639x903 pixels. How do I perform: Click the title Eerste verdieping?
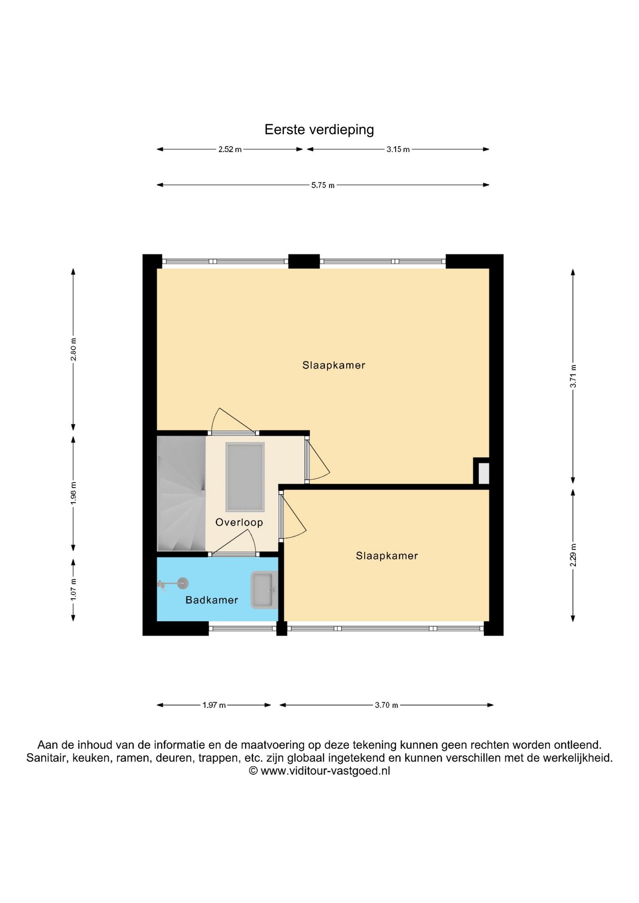pyautogui.click(x=319, y=130)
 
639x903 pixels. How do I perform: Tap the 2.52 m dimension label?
pyautogui.click(x=230, y=150)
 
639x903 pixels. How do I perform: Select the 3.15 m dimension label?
pyautogui.click(x=398, y=150)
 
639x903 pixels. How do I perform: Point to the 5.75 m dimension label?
pyautogui.click(x=323, y=185)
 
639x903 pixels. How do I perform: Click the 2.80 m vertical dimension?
pyautogui.click(x=73, y=349)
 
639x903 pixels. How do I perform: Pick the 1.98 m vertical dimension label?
pyautogui.click(x=73, y=493)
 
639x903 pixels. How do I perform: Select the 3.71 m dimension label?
pyautogui.click(x=573, y=376)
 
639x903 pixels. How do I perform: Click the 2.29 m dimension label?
pyautogui.click(x=573, y=555)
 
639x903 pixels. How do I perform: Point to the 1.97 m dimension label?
pyautogui.click(x=214, y=705)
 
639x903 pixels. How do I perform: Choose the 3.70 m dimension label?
pyautogui.click(x=386, y=705)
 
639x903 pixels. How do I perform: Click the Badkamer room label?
pyautogui.click(x=212, y=600)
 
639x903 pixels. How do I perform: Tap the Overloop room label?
pyautogui.click(x=239, y=523)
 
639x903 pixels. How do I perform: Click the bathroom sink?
pyautogui.click(x=264, y=590)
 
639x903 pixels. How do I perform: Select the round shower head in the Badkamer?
pyautogui.click(x=183, y=584)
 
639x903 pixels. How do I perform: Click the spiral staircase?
pyautogui.click(x=181, y=493)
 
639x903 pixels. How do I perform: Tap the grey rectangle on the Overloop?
pyautogui.click(x=245, y=477)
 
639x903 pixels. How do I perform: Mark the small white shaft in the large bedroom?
pyautogui.click(x=484, y=473)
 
